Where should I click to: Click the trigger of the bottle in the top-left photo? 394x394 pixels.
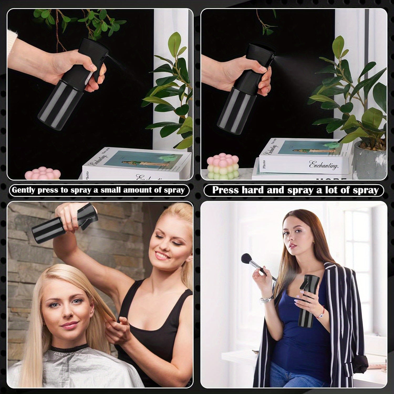click(100, 70)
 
